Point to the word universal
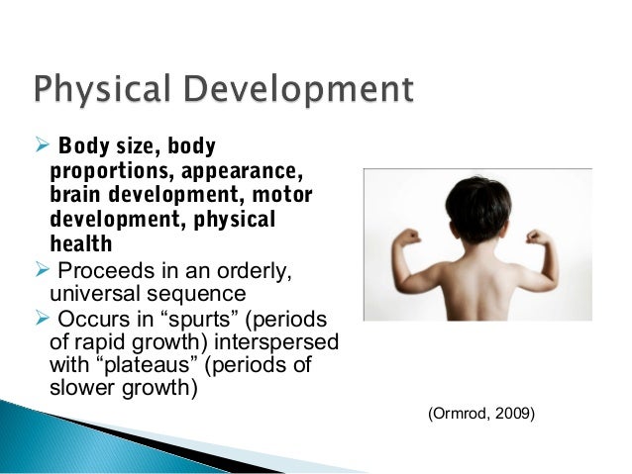point(90,295)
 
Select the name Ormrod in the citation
point(459,408)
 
